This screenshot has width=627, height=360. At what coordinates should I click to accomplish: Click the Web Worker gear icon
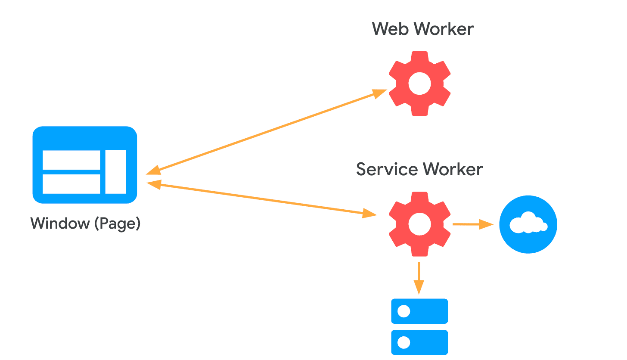point(419,84)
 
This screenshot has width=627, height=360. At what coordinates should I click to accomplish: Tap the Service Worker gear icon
point(419,224)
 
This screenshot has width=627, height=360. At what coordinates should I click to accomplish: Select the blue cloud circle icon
point(528,224)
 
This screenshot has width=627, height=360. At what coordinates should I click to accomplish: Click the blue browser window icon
point(85,165)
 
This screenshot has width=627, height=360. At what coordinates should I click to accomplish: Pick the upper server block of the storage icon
point(419,311)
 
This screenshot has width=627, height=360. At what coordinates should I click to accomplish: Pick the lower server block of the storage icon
point(419,342)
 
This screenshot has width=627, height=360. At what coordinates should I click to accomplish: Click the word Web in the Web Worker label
point(390,29)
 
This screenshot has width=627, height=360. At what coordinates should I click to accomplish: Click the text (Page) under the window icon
point(118,223)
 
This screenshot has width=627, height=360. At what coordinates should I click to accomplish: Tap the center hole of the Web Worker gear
point(419,84)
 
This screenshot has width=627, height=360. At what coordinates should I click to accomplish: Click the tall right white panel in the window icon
point(116,172)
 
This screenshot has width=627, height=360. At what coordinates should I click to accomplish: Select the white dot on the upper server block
point(404,311)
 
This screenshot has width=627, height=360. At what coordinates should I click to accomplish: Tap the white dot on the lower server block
point(404,342)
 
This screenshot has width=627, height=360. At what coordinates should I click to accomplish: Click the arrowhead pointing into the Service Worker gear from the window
point(369,214)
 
